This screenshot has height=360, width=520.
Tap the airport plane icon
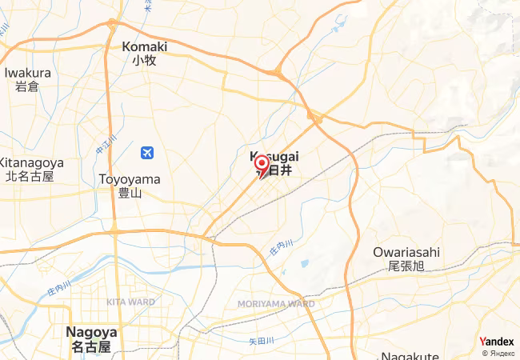pyautogui.click(x=146, y=152)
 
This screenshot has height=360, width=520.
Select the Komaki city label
pyautogui.click(x=144, y=46)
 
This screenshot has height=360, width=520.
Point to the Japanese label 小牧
pyautogui.click(x=144, y=60)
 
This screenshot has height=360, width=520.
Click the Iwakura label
pyautogui.click(x=27, y=73)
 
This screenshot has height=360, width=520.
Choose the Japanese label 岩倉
pyautogui.click(x=27, y=86)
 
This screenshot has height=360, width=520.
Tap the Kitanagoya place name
pyautogui.click(x=27, y=162)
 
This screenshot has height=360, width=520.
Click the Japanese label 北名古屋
pyautogui.click(x=29, y=175)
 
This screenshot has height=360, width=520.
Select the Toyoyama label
pyautogui.click(x=129, y=179)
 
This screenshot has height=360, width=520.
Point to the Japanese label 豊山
pyautogui.click(x=129, y=193)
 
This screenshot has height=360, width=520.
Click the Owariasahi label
pyautogui.click(x=406, y=252)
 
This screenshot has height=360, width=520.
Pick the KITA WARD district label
pyautogui.click(x=131, y=302)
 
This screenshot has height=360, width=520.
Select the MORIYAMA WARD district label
pyautogui.click(x=277, y=304)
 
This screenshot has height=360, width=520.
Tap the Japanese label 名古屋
pyautogui.click(x=90, y=346)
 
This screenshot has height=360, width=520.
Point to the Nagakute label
pyautogui.click(x=408, y=355)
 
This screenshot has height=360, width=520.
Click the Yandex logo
pyautogui.click(x=496, y=342)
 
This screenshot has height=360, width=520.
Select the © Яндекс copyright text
pyautogui.click(x=498, y=353)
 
